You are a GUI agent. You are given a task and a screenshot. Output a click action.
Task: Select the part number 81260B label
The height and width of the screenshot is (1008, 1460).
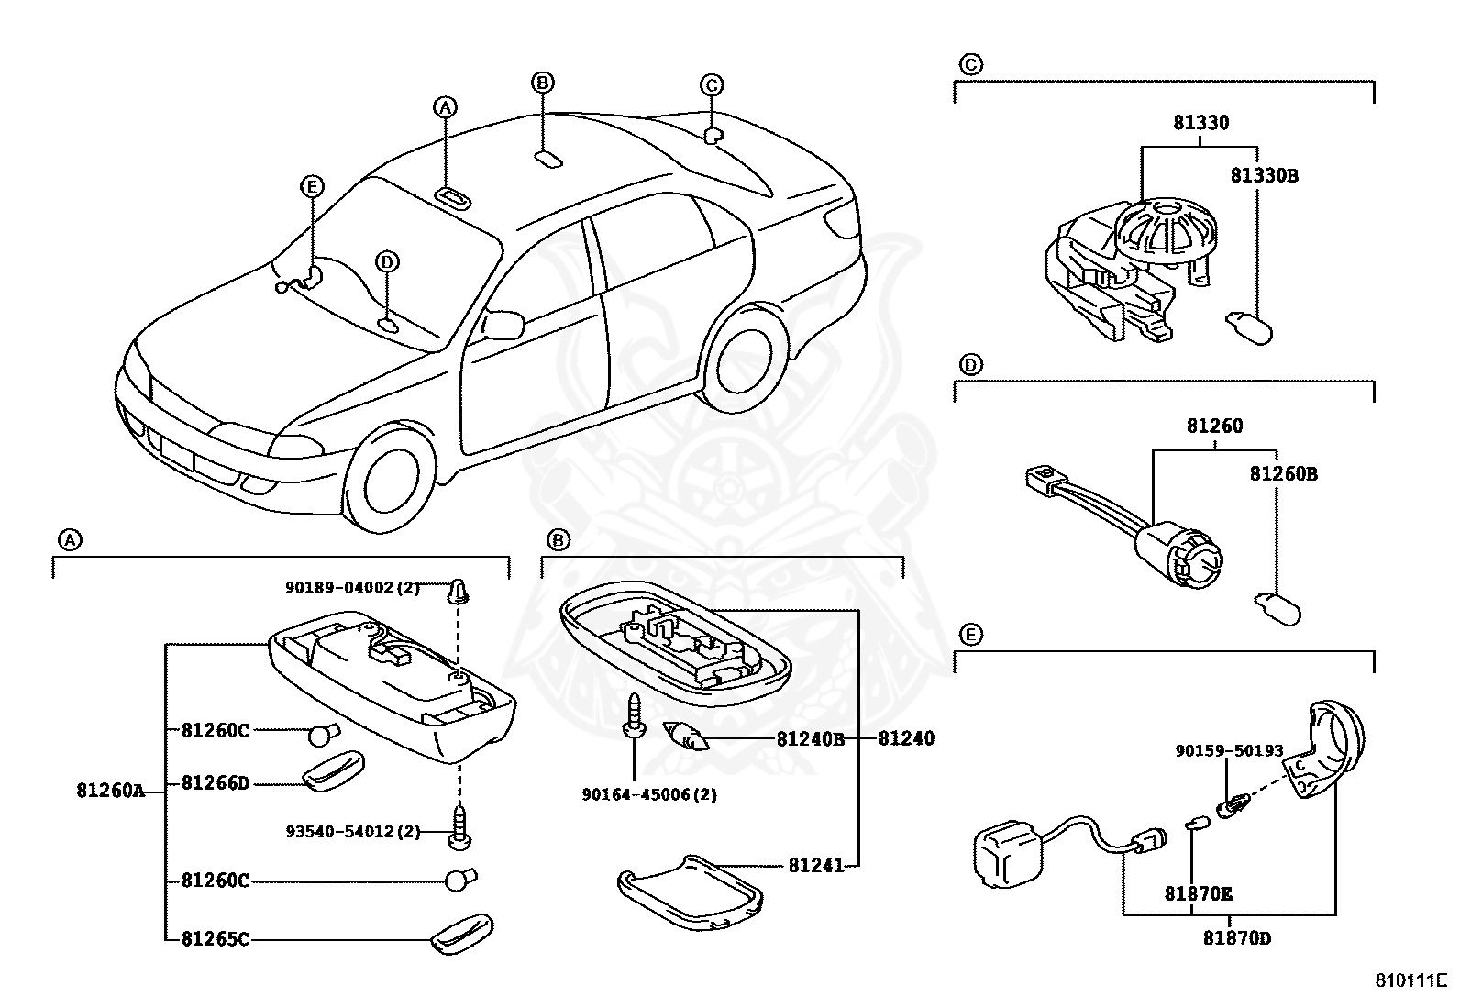coord(1283,474)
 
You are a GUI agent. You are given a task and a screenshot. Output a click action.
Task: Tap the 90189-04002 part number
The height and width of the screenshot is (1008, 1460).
coord(352,587)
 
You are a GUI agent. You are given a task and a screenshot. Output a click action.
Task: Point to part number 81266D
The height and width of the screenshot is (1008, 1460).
coord(216,782)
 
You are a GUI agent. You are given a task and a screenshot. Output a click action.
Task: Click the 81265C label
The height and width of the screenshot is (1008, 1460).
coord(216,938)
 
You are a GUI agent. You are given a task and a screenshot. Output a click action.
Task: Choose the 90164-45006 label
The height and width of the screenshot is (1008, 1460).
coord(649,794)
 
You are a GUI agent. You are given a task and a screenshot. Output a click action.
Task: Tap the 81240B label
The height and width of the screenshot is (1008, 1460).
coord(810,738)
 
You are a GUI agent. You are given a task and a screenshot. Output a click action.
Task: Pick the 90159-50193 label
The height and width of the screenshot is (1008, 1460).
coord(1229,750)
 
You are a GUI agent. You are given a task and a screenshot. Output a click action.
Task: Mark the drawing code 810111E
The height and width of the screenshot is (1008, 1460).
coord(1410,980)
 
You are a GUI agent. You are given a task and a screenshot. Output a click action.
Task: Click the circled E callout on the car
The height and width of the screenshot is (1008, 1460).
coord(313,187)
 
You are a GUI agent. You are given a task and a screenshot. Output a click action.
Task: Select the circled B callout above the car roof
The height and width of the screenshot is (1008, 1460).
coord(542,83)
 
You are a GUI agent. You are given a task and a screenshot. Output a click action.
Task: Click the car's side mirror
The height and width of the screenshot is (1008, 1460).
coord(503,324)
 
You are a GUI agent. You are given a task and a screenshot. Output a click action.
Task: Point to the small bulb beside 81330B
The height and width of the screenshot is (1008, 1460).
coord(1249,327)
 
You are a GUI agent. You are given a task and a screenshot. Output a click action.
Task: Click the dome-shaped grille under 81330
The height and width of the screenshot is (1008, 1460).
coord(1166,226)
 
